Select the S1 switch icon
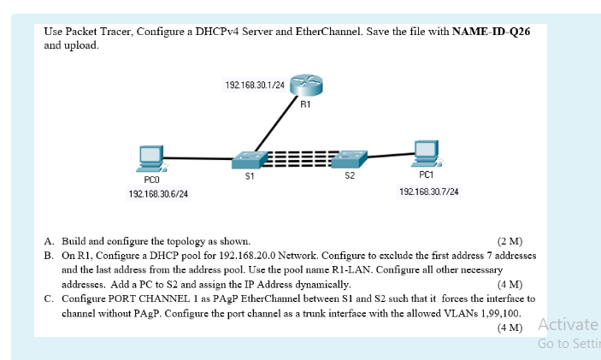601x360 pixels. [249, 159]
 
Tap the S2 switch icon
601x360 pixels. [349, 159]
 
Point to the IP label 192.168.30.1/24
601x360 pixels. [254, 86]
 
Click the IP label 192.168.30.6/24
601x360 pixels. [158, 194]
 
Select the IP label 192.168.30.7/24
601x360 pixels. [428, 192]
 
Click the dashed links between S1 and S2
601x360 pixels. [299, 158]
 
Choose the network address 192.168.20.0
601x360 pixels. [246, 256]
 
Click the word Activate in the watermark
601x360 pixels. [569, 324]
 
